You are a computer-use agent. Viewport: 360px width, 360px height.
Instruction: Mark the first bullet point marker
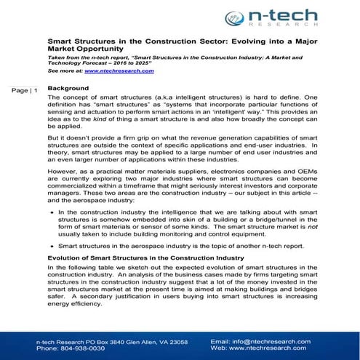52,212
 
